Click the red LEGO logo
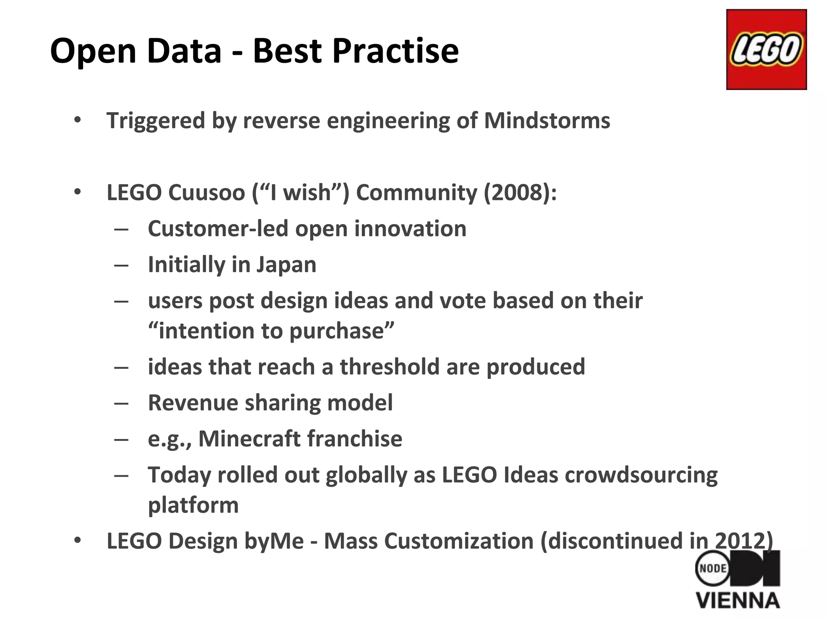pyautogui.click(x=766, y=50)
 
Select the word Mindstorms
pyautogui.click(x=547, y=120)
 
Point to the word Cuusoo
pyautogui.click(x=206, y=192)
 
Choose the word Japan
pyautogui.click(x=286, y=265)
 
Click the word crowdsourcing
pyautogui.click(x=641, y=475)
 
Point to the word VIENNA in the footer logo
pyautogui.click(x=738, y=601)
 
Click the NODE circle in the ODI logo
pyautogui.click(x=713, y=568)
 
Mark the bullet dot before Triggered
pyautogui.click(x=77, y=120)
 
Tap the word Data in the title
pyautogui.click(x=184, y=51)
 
